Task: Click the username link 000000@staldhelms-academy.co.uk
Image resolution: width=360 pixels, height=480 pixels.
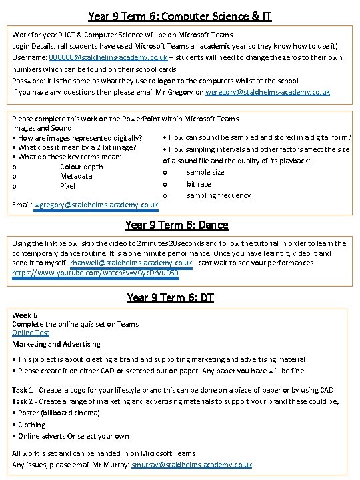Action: (x=108, y=58)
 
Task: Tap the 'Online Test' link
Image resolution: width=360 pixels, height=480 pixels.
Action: (x=31, y=333)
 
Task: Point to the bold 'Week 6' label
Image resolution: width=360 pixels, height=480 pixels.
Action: (x=25, y=315)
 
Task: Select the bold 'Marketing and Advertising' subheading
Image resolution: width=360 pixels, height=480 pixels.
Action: (x=56, y=344)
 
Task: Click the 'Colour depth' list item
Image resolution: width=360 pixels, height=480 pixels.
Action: (x=81, y=167)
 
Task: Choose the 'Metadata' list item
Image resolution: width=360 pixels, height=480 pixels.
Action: (x=76, y=177)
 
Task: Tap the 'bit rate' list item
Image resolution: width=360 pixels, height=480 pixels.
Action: (x=199, y=184)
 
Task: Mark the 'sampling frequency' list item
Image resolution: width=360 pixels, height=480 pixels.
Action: (x=219, y=195)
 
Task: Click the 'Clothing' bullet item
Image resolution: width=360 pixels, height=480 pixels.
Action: (x=31, y=424)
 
